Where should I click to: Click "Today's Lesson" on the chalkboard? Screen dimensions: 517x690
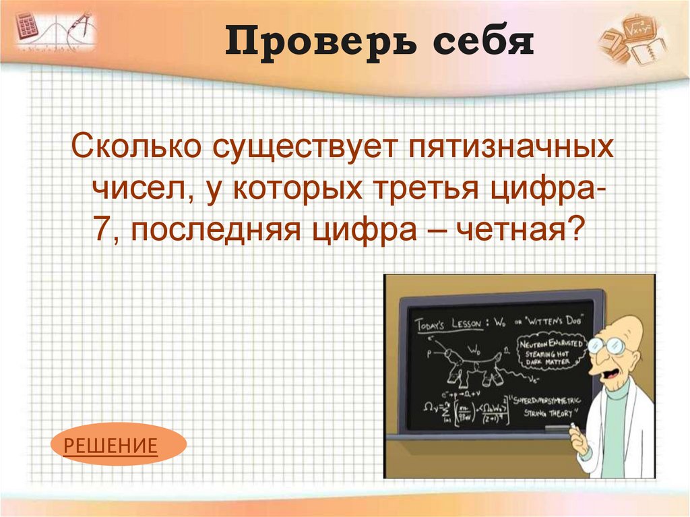[448, 324]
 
